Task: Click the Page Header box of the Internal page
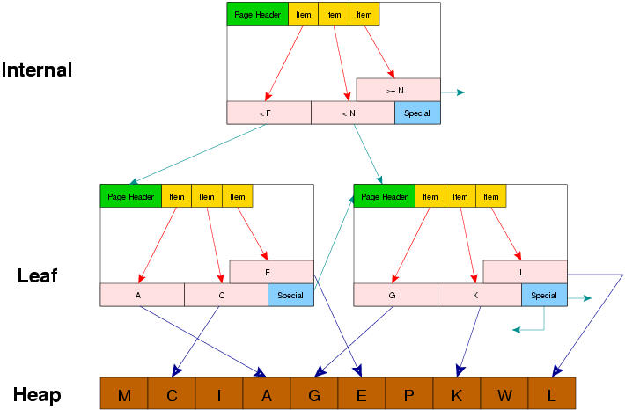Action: [257, 14]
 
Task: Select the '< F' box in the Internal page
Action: [268, 113]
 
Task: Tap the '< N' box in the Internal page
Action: [352, 113]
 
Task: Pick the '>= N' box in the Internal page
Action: [398, 90]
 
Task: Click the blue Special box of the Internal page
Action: [417, 113]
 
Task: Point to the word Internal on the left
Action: [37, 70]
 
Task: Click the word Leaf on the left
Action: [37, 275]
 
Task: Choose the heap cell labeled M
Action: [124, 394]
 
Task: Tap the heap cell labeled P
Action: [409, 394]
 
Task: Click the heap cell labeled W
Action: [504, 394]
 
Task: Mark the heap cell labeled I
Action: [219, 394]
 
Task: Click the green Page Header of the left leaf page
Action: [130, 196]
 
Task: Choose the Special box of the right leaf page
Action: [544, 296]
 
